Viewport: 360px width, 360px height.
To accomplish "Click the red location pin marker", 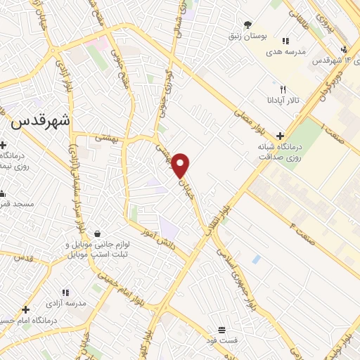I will click(181, 165).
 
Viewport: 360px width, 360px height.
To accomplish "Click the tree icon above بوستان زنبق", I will click(247, 24).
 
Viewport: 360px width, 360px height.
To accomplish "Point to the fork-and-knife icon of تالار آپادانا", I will click(283, 89).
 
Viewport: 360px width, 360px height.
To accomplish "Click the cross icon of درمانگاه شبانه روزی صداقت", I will click(281, 136).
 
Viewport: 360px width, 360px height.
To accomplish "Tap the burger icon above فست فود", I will click(222, 330).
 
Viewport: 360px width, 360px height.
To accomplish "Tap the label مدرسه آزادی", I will click(65, 302).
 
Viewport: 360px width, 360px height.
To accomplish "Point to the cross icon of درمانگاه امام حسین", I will click(25, 309).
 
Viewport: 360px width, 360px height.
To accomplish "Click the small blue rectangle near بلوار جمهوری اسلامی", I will click(257, 259).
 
